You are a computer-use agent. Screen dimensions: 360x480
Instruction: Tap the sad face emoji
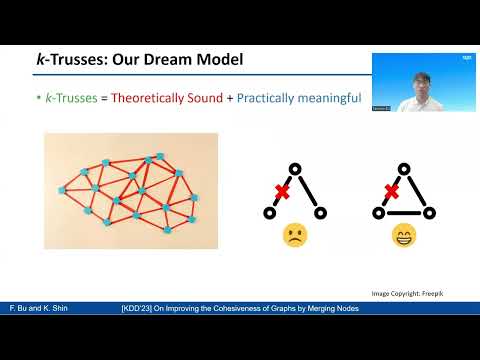[x=295, y=235]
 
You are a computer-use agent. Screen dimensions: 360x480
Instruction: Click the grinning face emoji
[x=404, y=235]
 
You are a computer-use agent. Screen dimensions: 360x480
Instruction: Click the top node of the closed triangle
[x=405, y=167]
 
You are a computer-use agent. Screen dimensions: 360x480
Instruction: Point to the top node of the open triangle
[x=295, y=167]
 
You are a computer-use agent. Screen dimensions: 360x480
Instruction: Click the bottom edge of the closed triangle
[x=405, y=212]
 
